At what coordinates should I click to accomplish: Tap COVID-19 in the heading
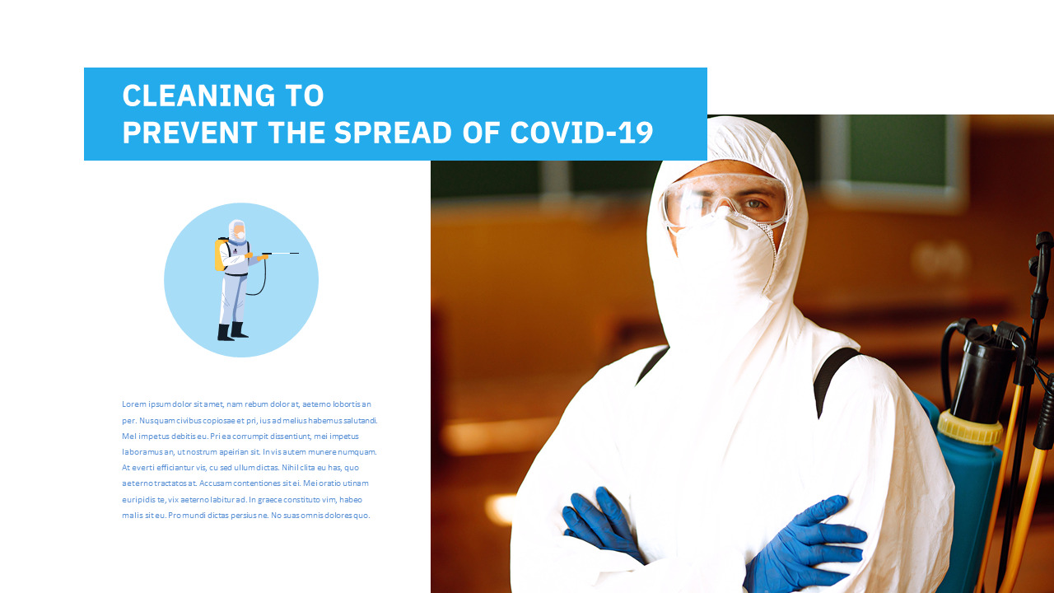581,133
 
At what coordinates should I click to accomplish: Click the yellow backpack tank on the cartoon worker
220,254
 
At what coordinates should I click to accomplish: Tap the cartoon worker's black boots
231,332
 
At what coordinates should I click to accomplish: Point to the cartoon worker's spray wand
280,254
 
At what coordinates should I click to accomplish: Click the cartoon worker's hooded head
237,230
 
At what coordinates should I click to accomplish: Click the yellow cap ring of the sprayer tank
970,427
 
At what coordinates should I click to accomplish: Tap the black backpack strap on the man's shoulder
833,379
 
